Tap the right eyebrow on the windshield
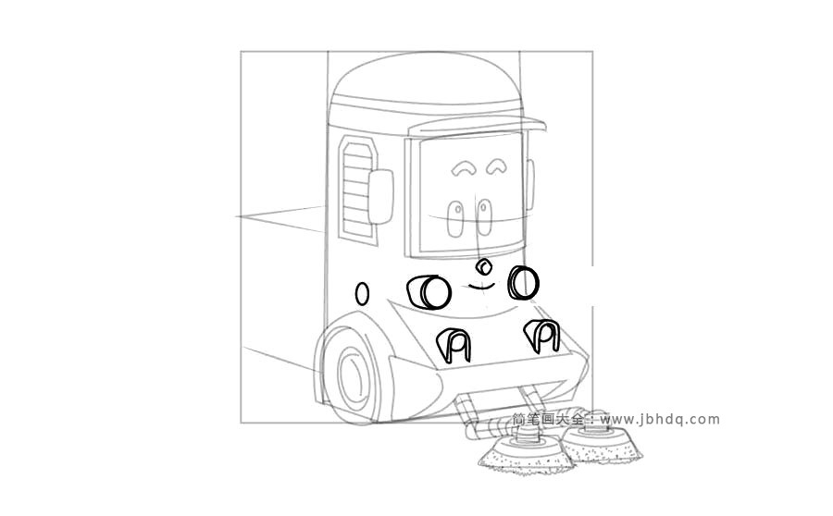coord(497,164)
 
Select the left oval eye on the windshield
coord(454,218)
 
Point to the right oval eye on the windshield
coord(484,217)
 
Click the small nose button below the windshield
coord(483,266)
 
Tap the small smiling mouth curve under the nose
coord(481,288)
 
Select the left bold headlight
coord(429,292)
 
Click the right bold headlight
coord(524,282)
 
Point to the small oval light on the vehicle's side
coord(362,293)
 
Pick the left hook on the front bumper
coord(454,346)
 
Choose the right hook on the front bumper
coord(541,336)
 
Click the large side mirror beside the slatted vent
coord(380,196)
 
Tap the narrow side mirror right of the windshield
coord(530,185)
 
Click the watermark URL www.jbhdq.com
coord(660,420)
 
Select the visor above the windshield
coord(477,125)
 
